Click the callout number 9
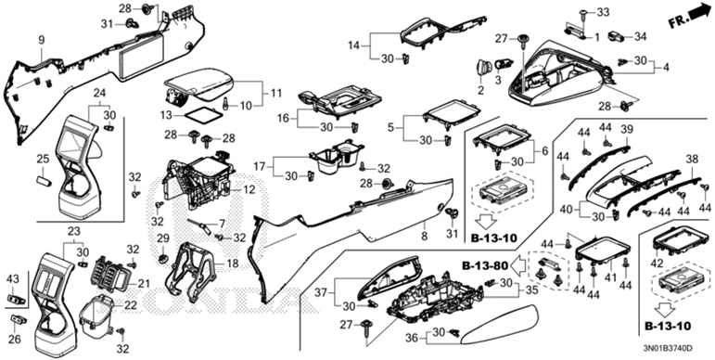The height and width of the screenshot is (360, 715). (42, 40)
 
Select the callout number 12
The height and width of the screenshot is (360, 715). (249, 189)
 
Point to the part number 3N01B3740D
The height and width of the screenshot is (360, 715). (667, 348)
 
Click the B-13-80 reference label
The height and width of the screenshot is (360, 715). (483, 265)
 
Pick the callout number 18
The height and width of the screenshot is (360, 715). (233, 264)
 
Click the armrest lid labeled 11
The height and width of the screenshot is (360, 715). (199, 85)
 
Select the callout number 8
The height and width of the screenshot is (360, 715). (424, 236)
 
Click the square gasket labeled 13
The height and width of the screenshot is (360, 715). (202, 114)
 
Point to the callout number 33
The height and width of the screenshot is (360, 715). (603, 12)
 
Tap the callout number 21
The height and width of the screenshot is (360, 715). (144, 284)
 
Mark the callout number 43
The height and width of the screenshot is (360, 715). (13, 277)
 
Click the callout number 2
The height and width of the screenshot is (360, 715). (480, 90)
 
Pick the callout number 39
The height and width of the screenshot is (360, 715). (627, 130)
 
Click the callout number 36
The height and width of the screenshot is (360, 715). (413, 338)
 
